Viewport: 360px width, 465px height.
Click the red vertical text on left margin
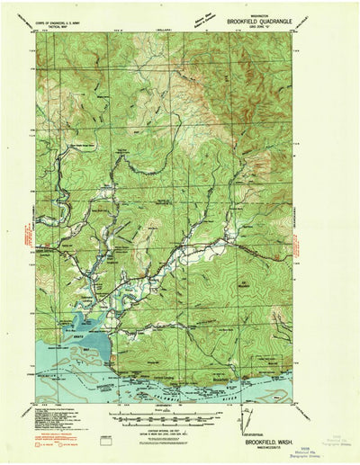(20, 240)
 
